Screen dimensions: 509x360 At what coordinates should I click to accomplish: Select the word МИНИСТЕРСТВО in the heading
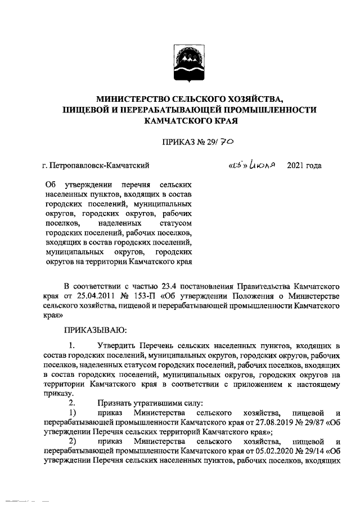[x=130, y=99]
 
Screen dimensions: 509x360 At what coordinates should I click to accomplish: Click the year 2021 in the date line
[x=296, y=165]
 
